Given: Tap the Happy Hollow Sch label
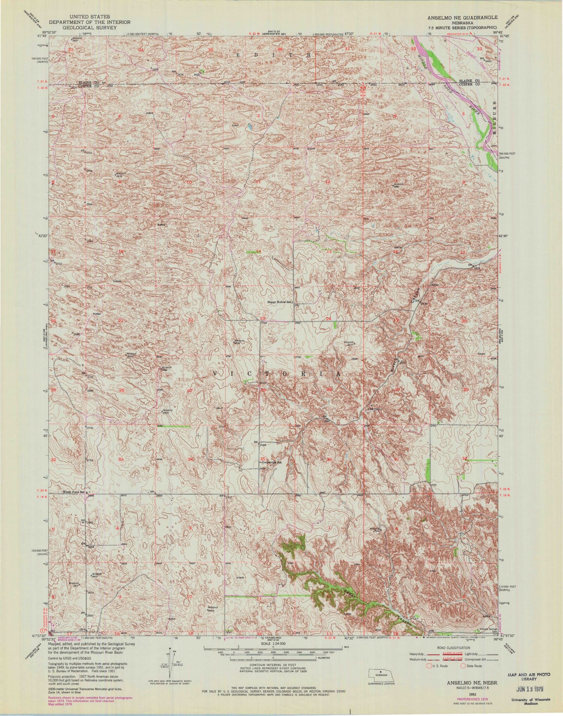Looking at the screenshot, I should click(279, 302).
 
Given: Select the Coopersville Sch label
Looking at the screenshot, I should click(272, 462).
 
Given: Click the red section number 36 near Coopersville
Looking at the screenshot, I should click(330, 459).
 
